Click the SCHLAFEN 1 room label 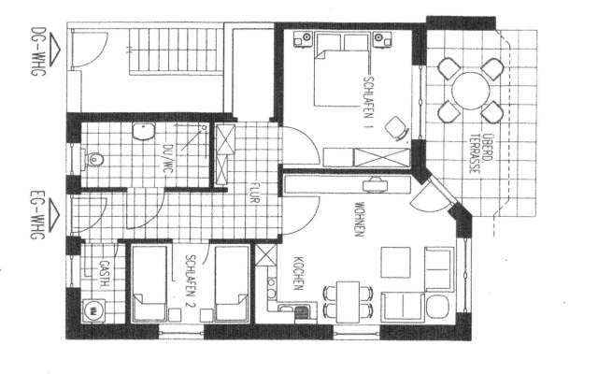(371, 94)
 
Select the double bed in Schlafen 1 (340, 70)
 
